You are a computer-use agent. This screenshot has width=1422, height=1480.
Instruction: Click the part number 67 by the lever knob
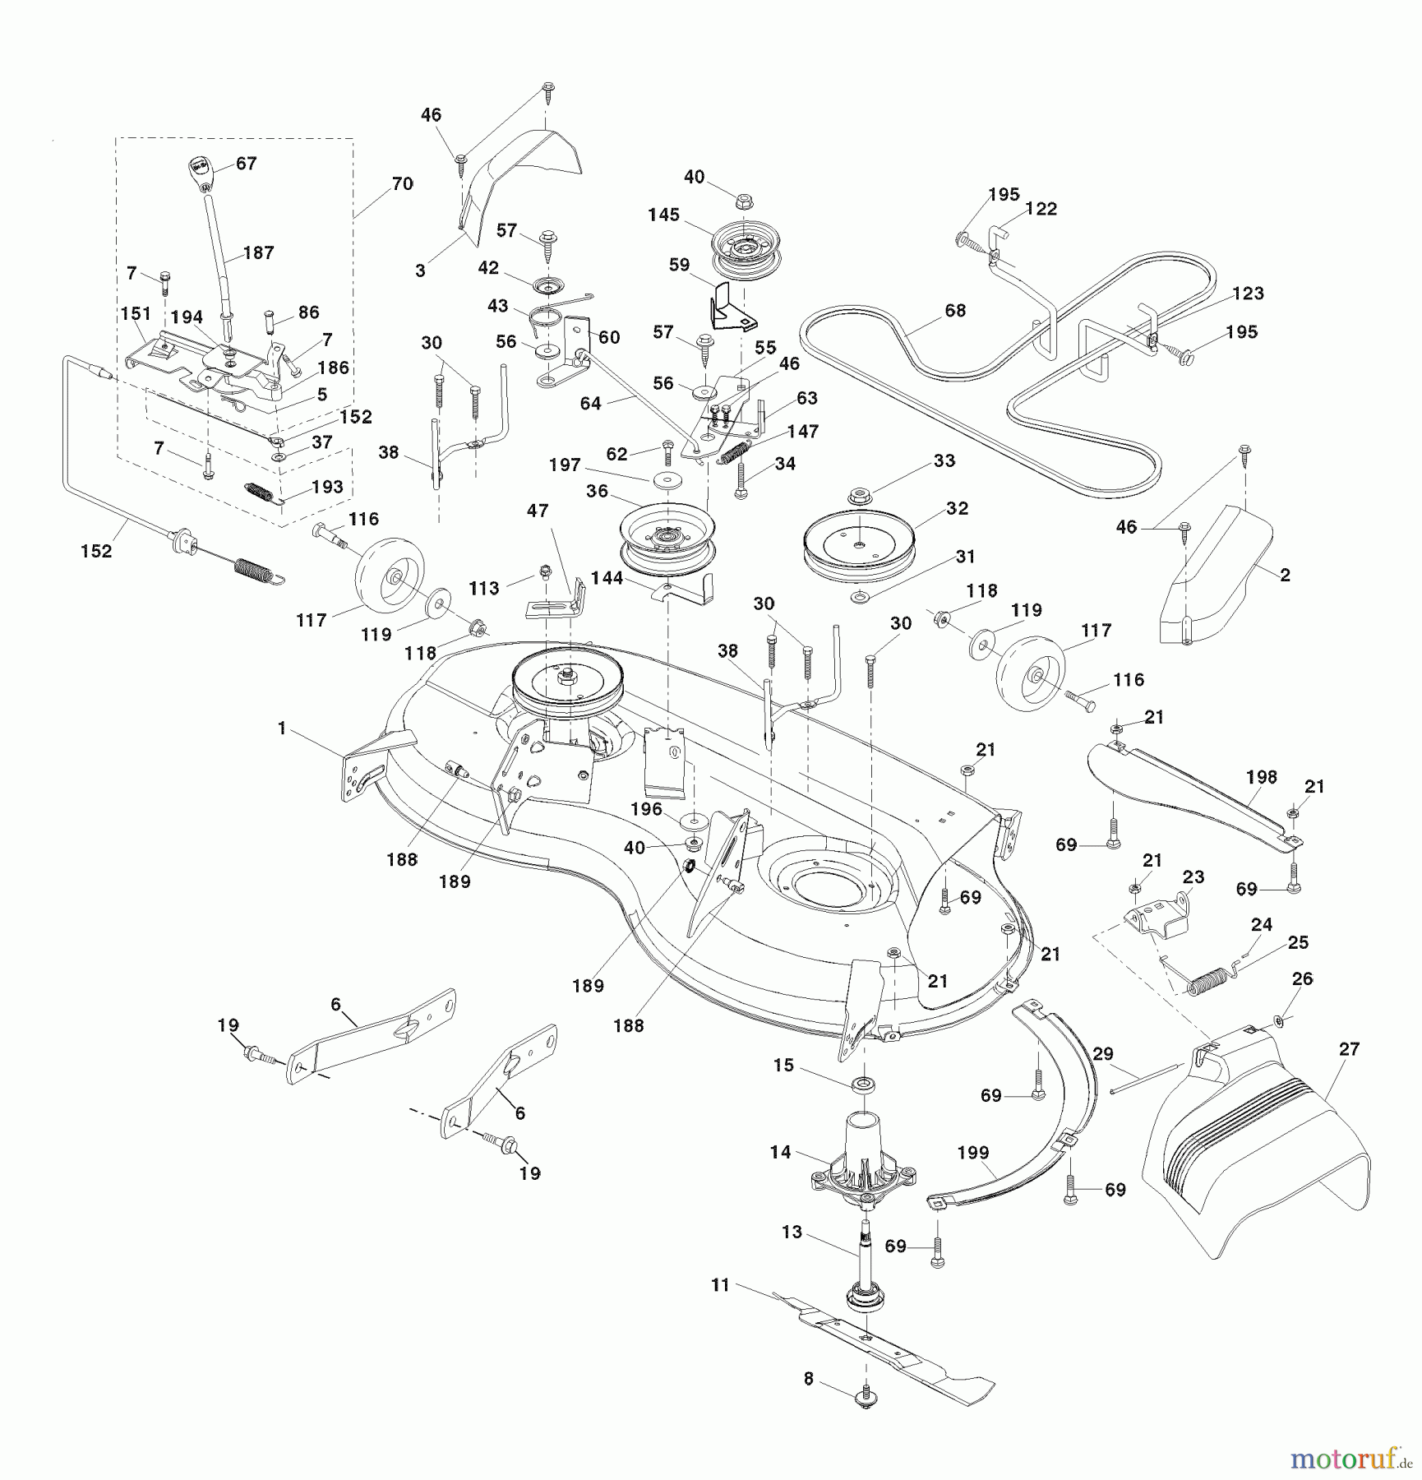pyautogui.click(x=246, y=164)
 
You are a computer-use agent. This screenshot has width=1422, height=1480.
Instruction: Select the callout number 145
pyautogui.click(x=663, y=215)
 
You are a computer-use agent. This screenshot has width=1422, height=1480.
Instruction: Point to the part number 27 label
pyautogui.click(x=1349, y=1049)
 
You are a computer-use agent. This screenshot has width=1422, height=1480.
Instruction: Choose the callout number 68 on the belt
pyautogui.click(x=954, y=310)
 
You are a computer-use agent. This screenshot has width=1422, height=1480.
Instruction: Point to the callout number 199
pyautogui.click(x=973, y=1153)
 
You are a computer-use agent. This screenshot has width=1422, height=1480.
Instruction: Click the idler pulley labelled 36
pyautogui.click(x=666, y=540)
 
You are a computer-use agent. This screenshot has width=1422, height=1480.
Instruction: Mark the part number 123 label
pyautogui.click(x=1248, y=294)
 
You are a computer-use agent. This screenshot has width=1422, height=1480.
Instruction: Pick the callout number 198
pyautogui.click(x=1261, y=776)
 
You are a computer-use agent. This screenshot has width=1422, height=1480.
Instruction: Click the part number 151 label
pyautogui.click(x=136, y=313)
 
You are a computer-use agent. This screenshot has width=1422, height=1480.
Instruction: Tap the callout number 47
pyautogui.click(x=537, y=511)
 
